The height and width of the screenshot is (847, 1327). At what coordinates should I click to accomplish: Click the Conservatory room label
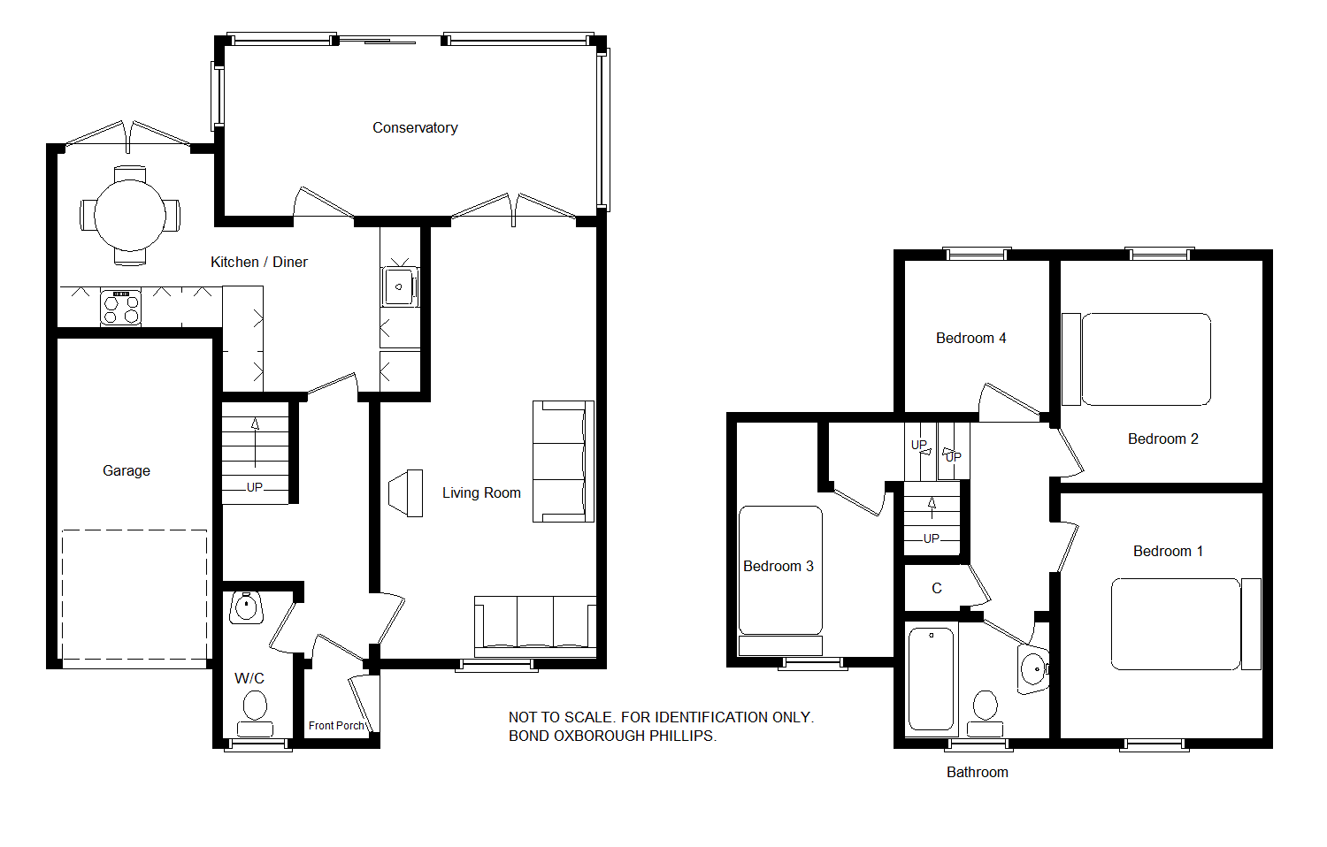point(415,128)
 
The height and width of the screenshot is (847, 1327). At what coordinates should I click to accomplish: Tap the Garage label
point(127,471)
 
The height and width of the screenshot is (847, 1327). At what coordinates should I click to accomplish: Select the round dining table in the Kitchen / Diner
point(130,216)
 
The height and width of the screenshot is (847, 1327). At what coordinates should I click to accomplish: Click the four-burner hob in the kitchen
point(121,307)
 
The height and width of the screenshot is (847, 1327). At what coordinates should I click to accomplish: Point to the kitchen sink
point(400,286)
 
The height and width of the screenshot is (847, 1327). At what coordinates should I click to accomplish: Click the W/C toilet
point(255,714)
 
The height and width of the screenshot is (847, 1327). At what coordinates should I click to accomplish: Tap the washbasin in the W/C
point(247,607)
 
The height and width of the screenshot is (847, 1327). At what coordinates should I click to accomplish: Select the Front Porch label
point(336,726)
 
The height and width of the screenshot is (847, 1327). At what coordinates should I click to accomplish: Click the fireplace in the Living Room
point(406,493)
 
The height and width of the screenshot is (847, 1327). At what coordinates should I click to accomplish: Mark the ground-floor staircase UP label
point(254,487)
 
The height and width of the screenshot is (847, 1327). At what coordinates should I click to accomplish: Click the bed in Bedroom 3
point(780,580)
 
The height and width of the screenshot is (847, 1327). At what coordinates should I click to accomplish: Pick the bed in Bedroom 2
point(1136,359)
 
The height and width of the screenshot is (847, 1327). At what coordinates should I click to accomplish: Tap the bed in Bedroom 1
point(1186,624)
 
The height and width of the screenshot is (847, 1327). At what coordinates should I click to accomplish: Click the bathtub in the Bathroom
point(931,680)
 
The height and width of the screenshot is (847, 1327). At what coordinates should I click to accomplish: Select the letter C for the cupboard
point(937,588)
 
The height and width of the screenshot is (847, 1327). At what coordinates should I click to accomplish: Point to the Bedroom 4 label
point(971,339)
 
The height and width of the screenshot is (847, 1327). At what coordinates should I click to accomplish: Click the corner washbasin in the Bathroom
point(1034,668)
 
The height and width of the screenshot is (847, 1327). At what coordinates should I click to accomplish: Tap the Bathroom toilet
point(986,713)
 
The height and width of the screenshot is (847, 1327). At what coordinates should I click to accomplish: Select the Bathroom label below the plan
point(978,773)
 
